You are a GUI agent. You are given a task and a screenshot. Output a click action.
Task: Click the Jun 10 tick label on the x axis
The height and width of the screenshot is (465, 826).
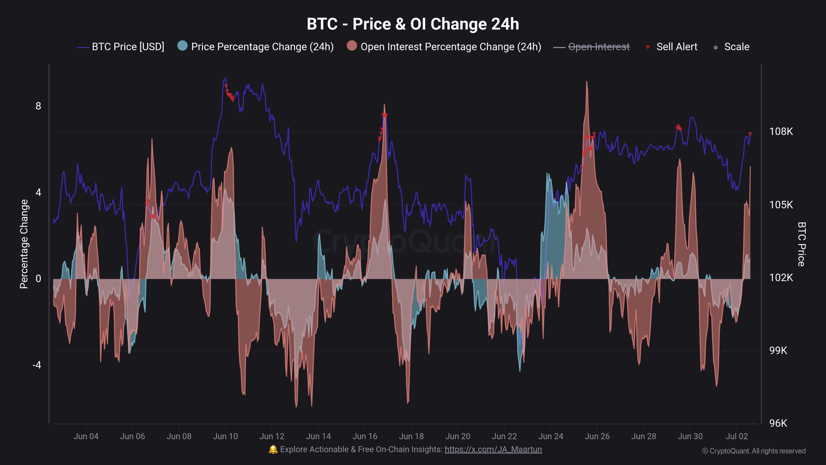pyautogui.click(x=225, y=436)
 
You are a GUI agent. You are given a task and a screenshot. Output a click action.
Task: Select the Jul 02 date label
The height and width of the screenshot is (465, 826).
pyautogui.click(x=737, y=436)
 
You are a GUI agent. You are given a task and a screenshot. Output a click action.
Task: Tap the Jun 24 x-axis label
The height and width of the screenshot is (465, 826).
pyautogui.click(x=551, y=436)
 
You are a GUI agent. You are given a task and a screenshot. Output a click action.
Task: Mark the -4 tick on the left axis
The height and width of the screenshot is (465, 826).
pyautogui.click(x=37, y=365)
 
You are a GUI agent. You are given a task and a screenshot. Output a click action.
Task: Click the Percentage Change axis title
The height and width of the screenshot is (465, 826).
pyautogui.click(x=24, y=244)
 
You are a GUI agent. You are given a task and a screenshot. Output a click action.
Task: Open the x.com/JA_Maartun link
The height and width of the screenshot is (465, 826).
pyautogui.click(x=493, y=449)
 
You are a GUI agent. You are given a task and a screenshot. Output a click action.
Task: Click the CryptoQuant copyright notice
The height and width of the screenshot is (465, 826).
pyautogui.click(x=754, y=451)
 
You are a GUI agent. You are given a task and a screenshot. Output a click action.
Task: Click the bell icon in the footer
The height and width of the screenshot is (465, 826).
pyautogui.click(x=273, y=449)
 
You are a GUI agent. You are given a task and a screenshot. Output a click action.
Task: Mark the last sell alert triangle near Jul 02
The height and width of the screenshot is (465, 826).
pyautogui.click(x=750, y=134)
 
